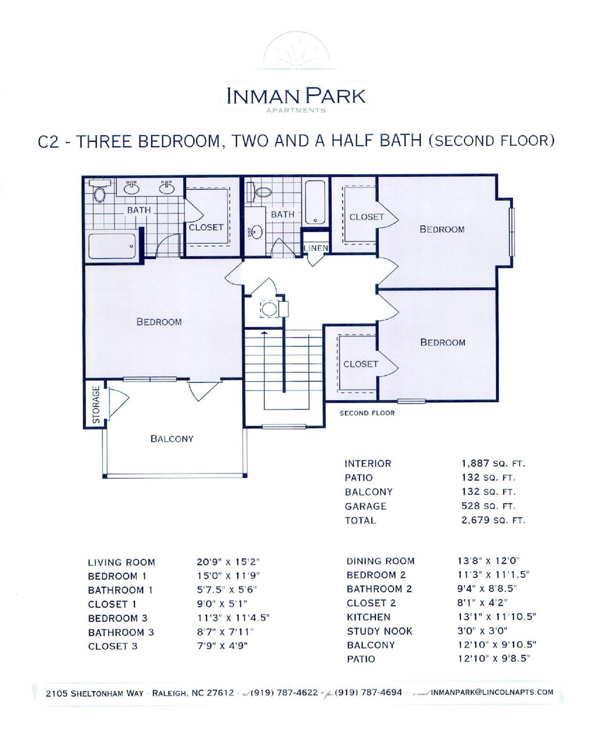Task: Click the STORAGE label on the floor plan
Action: tap(96, 404)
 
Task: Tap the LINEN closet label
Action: tap(316, 248)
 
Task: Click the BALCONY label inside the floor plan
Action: tap(172, 439)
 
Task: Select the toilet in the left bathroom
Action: tap(99, 191)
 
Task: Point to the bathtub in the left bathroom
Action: tap(113, 246)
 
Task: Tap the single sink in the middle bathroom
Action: tap(256, 232)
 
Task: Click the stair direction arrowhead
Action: tap(264, 332)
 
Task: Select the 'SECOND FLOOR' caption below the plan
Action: tap(367, 413)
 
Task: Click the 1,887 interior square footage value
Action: tap(475, 463)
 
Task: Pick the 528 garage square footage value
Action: tap(470, 506)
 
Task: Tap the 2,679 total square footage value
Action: tap(475, 520)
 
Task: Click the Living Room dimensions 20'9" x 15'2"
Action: tap(228, 562)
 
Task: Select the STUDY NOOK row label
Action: tap(379, 631)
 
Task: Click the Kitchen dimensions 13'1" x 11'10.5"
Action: tap(497, 617)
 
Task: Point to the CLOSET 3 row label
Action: tap(113, 646)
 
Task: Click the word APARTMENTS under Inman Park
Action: tap(296, 110)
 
